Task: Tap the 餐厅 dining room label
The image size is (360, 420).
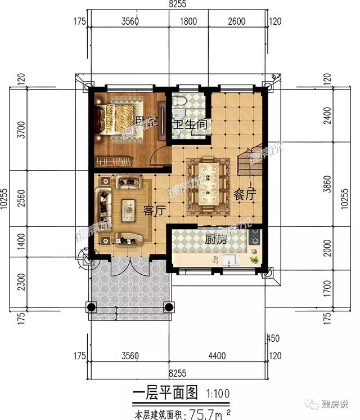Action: pyautogui.click(x=245, y=194)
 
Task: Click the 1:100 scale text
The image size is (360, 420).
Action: pyautogui.click(x=218, y=393)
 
